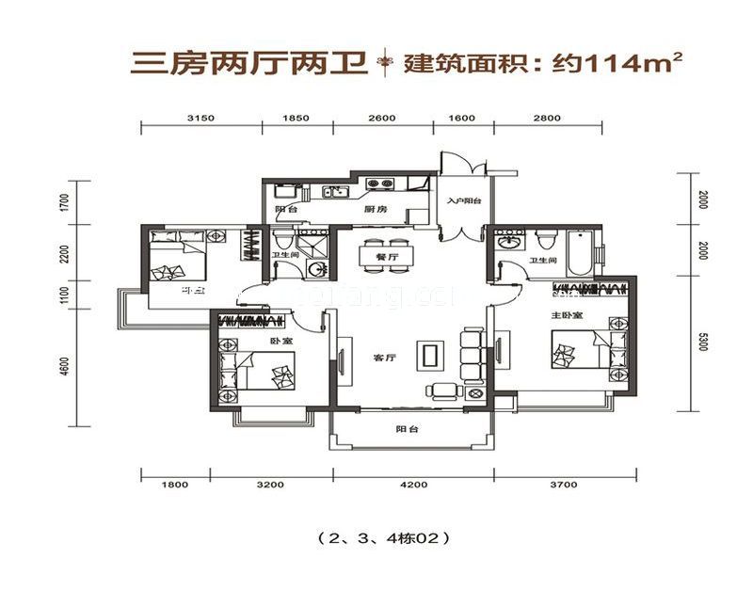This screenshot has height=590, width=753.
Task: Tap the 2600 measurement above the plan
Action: tap(381, 118)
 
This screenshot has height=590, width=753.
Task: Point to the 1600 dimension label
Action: tap(461, 118)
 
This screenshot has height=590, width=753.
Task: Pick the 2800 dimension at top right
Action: tap(547, 118)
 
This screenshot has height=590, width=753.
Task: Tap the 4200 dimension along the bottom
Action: tap(413, 486)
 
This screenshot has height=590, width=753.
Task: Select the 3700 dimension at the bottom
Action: tap(562, 486)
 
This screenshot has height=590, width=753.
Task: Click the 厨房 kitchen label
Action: tap(376, 210)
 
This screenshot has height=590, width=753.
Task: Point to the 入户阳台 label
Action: tap(464, 201)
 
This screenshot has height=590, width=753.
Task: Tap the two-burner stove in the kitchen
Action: tap(379, 184)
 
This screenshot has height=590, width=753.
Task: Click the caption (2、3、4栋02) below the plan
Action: tap(376, 539)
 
